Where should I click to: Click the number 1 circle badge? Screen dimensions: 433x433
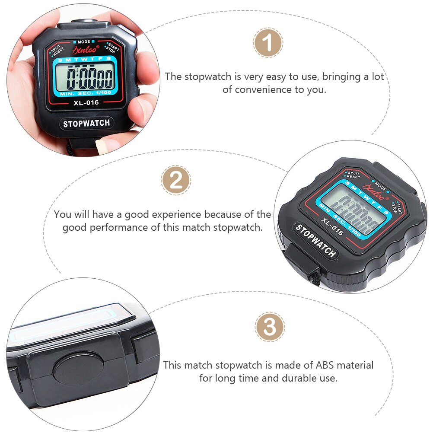[x=268, y=43]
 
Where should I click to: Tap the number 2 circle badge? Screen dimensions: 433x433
[x=176, y=180]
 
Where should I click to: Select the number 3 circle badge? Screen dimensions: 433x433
[x=270, y=327]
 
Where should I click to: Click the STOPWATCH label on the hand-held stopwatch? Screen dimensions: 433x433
[x=86, y=124]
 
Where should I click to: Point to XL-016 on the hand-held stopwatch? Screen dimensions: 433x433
[x=86, y=102]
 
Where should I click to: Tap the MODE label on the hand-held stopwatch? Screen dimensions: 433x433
[x=85, y=41]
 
